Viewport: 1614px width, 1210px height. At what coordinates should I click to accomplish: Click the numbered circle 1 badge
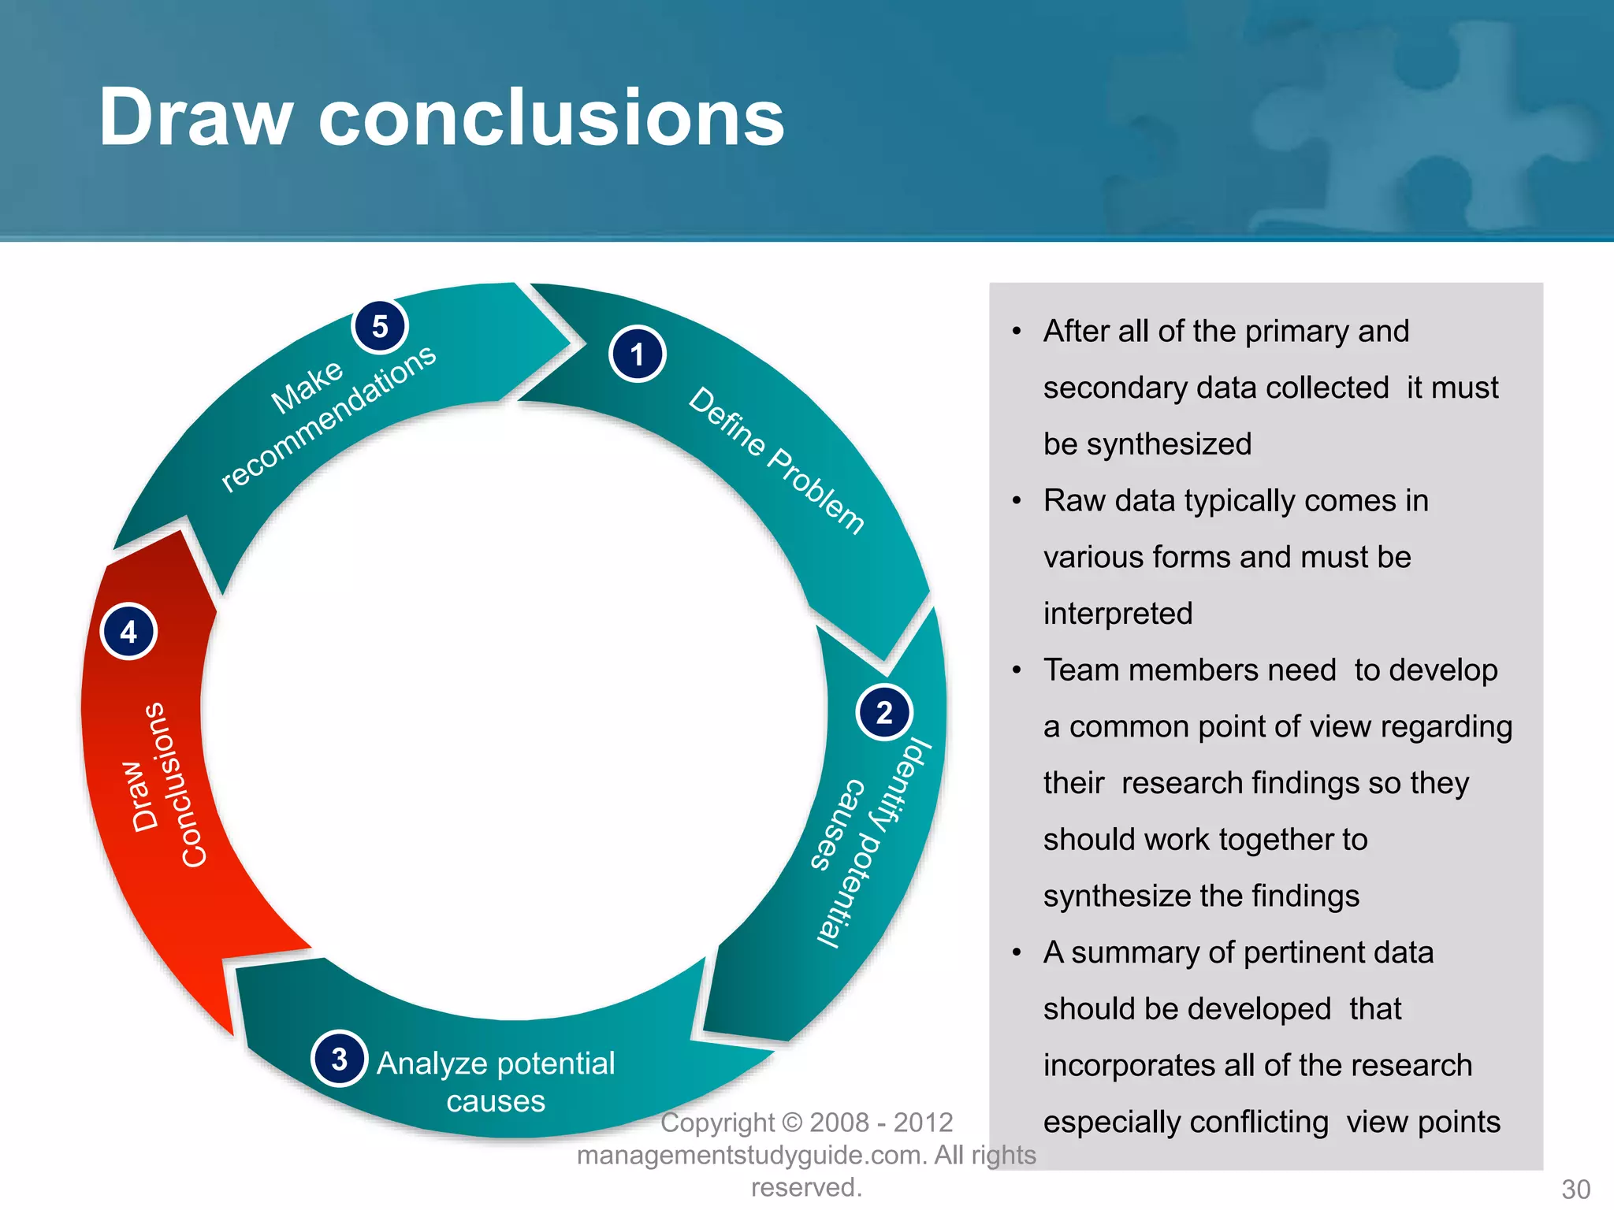pos(637,354)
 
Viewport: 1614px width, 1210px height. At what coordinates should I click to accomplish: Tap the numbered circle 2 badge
pos(884,712)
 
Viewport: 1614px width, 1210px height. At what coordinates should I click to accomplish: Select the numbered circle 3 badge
pos(340,1059)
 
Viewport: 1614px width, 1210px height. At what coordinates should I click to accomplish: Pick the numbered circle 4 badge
pos(129,632)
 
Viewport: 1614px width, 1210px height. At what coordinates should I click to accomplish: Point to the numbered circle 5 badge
pos(380,325)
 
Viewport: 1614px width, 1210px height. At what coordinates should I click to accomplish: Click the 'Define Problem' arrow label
pos(777,461)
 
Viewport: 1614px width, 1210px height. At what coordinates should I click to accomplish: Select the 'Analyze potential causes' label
pos(496,1082)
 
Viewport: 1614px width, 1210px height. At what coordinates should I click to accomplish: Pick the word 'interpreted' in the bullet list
pos(1118,614)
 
